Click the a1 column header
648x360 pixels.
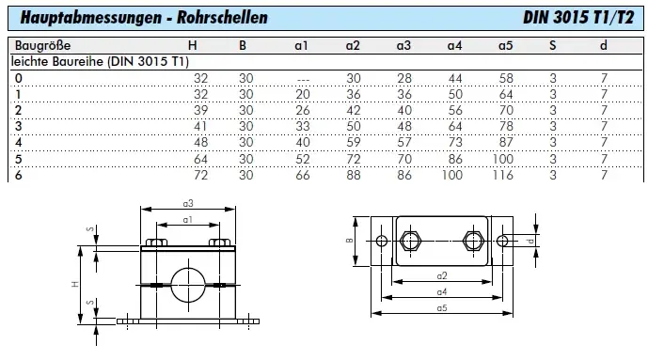pyautogui.click(x=301, y=45)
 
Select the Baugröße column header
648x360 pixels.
pyautogui.click(x=42, y=45)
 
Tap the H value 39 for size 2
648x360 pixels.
pyautogui.click(x=201, y=110)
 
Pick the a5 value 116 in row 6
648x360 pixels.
pyautogui.click(x=502, y=175)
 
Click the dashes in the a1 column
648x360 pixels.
pyautogui.click(x=303, y=79)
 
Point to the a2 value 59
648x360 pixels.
pyautogui.click(x=354, y=143)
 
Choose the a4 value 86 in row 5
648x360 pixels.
pyautogui.click(x=455, y=159)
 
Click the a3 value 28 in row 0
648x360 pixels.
pyautogui.click(x=404, y=78)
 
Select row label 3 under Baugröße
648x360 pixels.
pyautogui.click(x=18, y=126)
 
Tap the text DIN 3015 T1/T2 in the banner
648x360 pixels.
pyautogui.click(x=578, y=17)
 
